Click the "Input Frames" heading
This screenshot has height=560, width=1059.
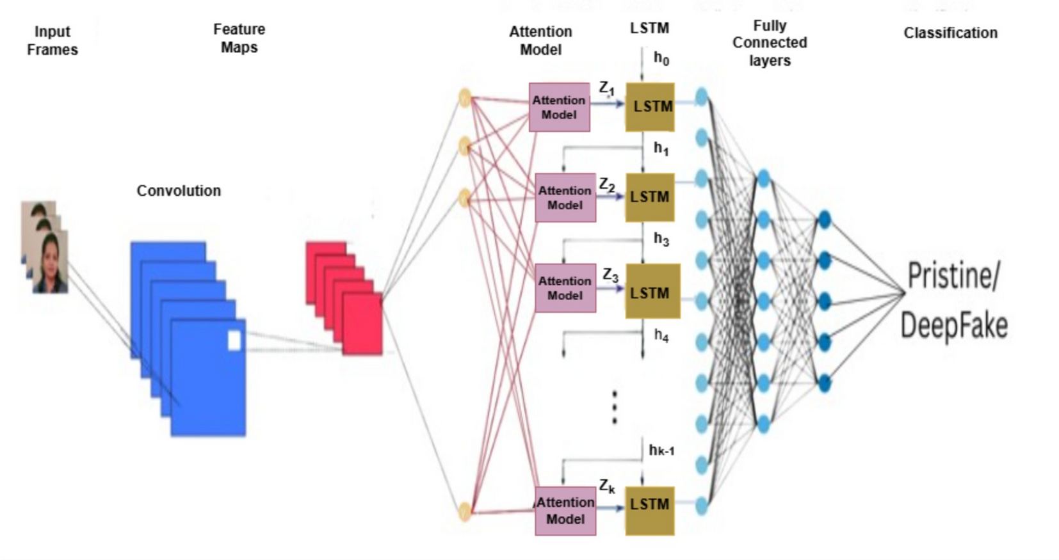click(x=53, y=40)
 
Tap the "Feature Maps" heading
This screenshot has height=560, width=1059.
click(x=239, y=38)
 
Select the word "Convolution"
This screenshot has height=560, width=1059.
click(x=179, y=191)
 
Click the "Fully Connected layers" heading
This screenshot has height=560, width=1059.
click(x=770, y=43)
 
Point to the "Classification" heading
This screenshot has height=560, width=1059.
click(x=950, y=33)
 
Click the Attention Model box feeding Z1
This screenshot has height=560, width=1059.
click(x=559, y=108)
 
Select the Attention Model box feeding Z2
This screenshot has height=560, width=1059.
click(x=565, y=198)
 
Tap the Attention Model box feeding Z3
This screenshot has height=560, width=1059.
click(x=565, y=288)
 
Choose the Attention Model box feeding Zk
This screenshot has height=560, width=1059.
click(x=565, y=511)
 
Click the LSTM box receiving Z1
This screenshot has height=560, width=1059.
click(x=650, y=107)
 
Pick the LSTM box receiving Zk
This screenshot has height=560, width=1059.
click(x=649, y=511)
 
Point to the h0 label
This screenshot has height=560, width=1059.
click(x=661, y=59)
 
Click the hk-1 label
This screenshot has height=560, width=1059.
click(x=661, y=451)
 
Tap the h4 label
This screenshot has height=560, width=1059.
click(x=661, y=335)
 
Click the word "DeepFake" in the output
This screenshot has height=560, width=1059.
click(x=954, y=325)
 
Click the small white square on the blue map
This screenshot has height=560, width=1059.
click(x=234, y=340)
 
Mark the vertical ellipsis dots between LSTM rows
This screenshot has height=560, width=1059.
click(x=615, y=407)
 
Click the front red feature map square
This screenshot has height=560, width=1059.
click(x=362, y=323)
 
